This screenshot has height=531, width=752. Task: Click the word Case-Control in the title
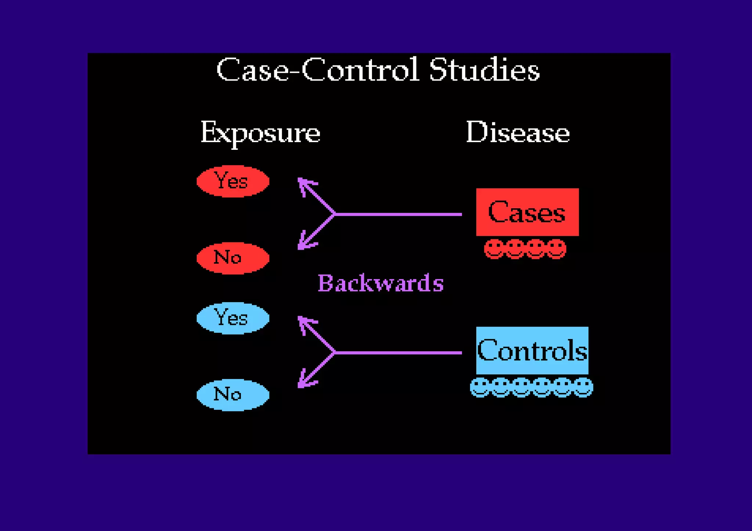tap(318, 70)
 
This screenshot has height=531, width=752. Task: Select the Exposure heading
tap(260, 133)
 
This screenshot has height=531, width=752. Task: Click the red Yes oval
tap(233, 181)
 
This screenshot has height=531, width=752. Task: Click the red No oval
tap(233, 258)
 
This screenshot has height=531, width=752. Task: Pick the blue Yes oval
tap(233, 318)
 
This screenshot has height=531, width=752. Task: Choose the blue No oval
tap(233, 395)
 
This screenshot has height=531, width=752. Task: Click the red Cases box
tap(527, 212)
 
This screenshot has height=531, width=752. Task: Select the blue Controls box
tap(532, 350)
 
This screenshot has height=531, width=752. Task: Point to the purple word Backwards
tap(380, 283)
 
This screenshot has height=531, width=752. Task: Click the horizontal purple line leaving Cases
tap(398, 214)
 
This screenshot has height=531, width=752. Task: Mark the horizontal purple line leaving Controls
tap(398, 353)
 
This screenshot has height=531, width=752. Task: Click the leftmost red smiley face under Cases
tap(493, 249)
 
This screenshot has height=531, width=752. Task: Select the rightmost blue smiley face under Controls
tap(583, 387)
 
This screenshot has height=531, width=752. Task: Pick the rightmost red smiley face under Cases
tap(556, 249)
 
